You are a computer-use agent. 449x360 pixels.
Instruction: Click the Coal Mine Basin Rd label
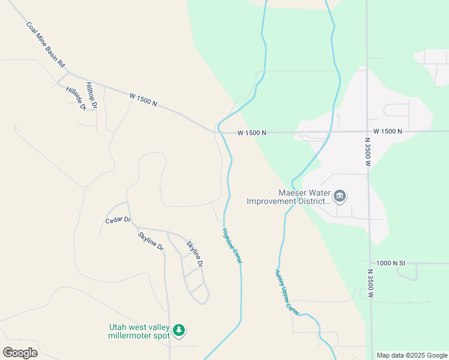click(x=45, y=45)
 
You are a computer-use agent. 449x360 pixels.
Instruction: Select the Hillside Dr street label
click(x=76, y=98)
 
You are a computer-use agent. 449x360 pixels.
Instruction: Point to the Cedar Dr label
click(x=118, y=220)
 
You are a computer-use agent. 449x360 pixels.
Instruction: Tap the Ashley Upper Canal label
click(x=286, y=292)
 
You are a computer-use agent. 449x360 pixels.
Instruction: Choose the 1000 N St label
click(x=392, y=263)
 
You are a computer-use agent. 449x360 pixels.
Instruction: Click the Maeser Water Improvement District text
click(x=289, y=197)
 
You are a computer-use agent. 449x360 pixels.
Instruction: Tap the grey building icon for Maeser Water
click(x=340, y=196)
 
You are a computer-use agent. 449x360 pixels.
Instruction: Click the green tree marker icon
click(x=179, y=330)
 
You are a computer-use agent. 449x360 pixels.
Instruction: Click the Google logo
click(x=20, y=353)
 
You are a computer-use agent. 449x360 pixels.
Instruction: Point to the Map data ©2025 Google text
click(x=412, y=355)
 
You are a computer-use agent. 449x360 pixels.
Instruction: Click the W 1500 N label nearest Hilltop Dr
click(x=143, y=99)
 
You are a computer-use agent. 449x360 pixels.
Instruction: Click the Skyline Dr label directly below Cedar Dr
click(x=150, y=240)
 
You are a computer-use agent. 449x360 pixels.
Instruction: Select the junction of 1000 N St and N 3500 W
click(x=370, y=263)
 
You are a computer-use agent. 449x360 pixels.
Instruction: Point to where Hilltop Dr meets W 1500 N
click(x=105, y=86)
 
